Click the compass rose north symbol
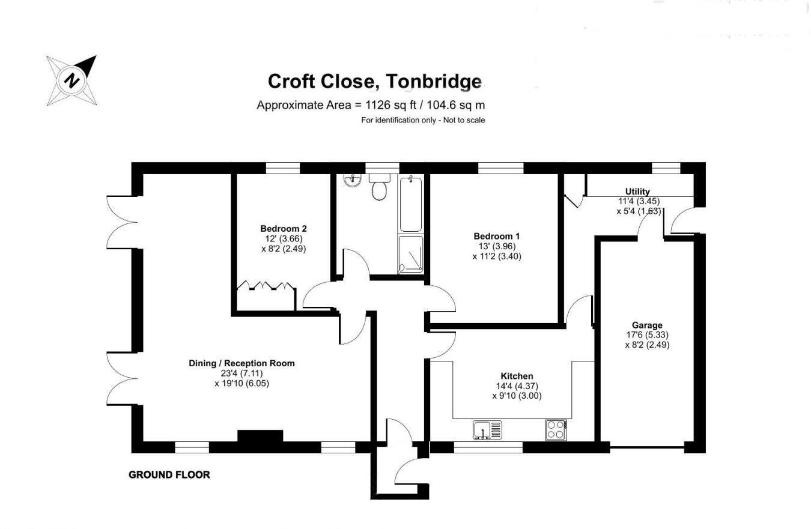72,80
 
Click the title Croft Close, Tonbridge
374,81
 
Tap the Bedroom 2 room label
284,229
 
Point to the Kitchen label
517,376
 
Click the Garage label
647,325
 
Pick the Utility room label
637,192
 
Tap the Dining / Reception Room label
241,363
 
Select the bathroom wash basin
351,180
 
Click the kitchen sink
487,431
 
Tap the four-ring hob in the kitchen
556,430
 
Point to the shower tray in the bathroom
410,254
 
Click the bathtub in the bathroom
411,203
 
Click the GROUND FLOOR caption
169,475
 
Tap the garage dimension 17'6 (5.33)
647,335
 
